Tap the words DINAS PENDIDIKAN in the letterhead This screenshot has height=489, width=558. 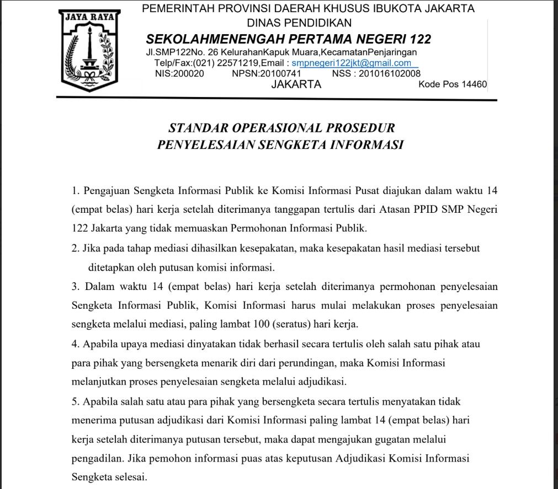point(299,23)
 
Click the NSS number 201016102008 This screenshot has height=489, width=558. point(389,73)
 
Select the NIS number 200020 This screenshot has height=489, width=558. point(188,73)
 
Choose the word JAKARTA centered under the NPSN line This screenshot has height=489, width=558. point(296,84)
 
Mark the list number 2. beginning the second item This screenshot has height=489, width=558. point(76,248)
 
